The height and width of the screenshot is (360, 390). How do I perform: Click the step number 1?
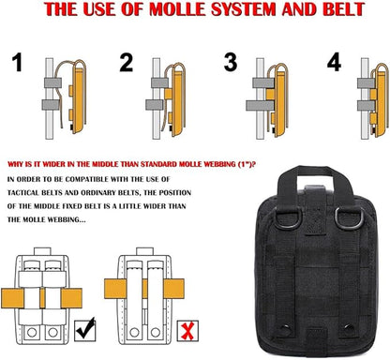pos(18,62)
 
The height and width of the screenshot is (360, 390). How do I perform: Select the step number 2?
pos(127,63)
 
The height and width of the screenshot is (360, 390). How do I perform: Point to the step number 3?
pos(231,62)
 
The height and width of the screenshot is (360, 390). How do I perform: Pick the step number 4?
pos(334,62)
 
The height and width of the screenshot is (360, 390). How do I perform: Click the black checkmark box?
pos(85,330)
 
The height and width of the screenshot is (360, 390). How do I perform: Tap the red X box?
pos(187,331)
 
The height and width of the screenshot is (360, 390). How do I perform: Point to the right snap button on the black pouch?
pos(349,328)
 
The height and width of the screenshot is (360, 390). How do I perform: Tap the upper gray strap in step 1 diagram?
pos(52,82)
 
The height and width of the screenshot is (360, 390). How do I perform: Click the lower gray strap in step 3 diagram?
pos(260,105)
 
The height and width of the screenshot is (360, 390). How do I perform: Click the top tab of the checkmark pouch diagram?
pos(42,251)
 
